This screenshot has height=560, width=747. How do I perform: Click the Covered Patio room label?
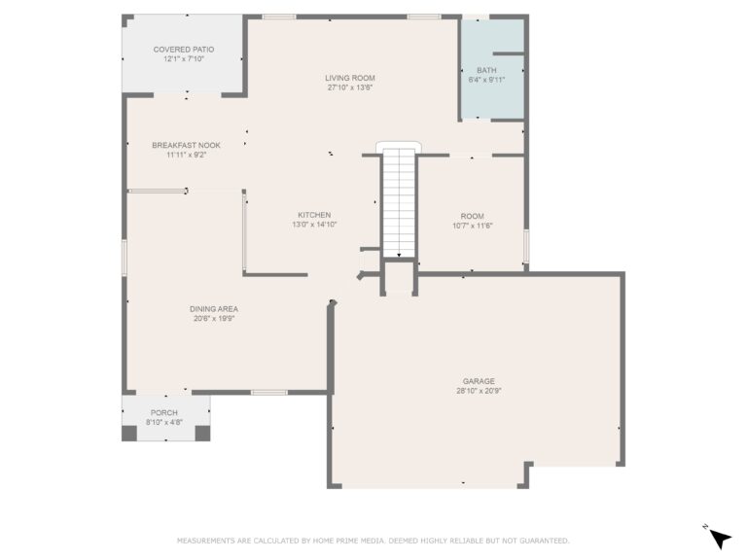(x=183, y=49)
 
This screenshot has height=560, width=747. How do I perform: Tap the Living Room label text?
(x=350, y=78)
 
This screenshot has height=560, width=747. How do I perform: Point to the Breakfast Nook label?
(x=186, y=145)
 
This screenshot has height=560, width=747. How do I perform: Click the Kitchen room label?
(x=314, y=215)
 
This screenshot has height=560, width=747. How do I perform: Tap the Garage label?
(x=479, y=381)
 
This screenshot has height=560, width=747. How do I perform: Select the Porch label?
(x=163, y=413)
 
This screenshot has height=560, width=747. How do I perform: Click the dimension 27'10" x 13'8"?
(x=350, y=87)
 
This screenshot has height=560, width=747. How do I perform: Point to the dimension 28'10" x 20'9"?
(x=479, y=391)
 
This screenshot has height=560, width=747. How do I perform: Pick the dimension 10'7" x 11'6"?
(x=472, y=226)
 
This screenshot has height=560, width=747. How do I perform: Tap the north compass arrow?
(x=720, y=538)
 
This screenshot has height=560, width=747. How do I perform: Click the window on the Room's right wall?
(x=525, y=247)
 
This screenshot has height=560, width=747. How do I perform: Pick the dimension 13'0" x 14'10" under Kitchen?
(x=314, y=225)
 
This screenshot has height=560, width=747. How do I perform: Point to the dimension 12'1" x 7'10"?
(x=183, y=58)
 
